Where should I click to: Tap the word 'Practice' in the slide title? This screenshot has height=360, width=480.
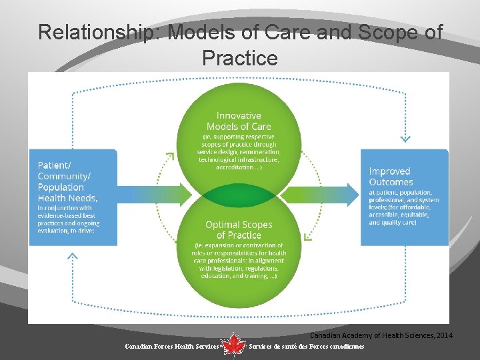pos(239,58)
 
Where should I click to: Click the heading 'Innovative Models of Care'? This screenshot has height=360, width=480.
pos(238,121)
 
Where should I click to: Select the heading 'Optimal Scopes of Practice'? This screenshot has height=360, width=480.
pos(238,229)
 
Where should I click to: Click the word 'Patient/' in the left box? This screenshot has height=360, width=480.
pos(54,165)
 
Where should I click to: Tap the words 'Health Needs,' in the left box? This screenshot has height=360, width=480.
pos(67,198)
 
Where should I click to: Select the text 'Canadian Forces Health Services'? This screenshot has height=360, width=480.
pos(172,347)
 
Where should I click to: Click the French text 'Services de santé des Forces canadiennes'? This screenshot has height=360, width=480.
pos(306,347)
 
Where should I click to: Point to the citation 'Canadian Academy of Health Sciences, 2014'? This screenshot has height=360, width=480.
pos(381,335)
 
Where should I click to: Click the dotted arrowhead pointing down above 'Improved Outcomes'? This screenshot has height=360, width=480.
pos(405,139)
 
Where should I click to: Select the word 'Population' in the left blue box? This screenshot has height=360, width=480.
pos(60,187)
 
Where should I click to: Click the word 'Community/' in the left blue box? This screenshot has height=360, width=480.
pos(63,176)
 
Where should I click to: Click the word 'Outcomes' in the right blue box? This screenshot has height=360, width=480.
pos(391,182)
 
